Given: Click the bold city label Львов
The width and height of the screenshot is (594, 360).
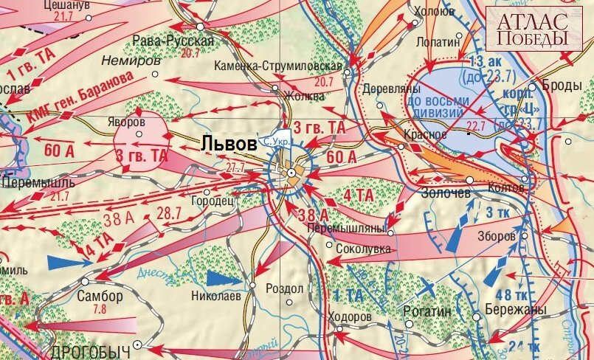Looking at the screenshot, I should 230,143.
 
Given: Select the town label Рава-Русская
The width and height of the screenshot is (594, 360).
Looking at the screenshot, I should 173,41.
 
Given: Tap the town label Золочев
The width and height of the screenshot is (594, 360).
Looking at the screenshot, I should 444,193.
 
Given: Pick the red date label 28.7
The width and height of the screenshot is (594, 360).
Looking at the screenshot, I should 168,213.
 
